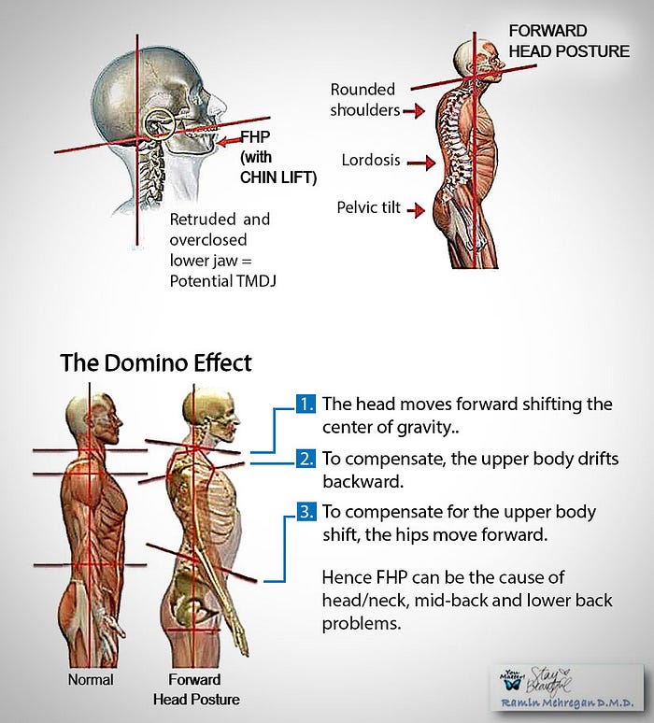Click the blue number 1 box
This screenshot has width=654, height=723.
(306, 405)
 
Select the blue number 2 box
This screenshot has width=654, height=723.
(306, 460)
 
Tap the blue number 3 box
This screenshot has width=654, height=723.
(306, 513)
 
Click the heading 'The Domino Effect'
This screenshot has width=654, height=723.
(156, 362)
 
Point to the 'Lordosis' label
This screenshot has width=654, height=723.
(370, 161)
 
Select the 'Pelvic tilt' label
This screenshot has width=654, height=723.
(368, 206)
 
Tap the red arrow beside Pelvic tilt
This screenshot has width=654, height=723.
(418, 209)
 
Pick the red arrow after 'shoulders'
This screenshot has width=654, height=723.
(414, 111)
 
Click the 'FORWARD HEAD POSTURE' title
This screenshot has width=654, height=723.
(568, 41)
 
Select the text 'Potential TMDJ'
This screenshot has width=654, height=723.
(224, 278)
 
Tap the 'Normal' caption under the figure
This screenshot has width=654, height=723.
(91, 679)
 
